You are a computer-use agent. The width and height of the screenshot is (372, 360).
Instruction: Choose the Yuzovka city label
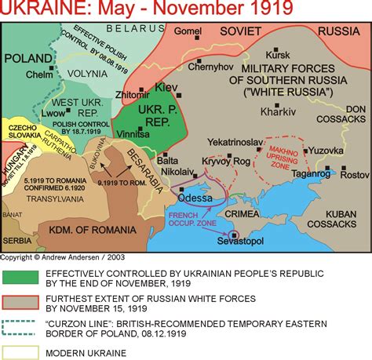pyautogui.click(x=324, y=150)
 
